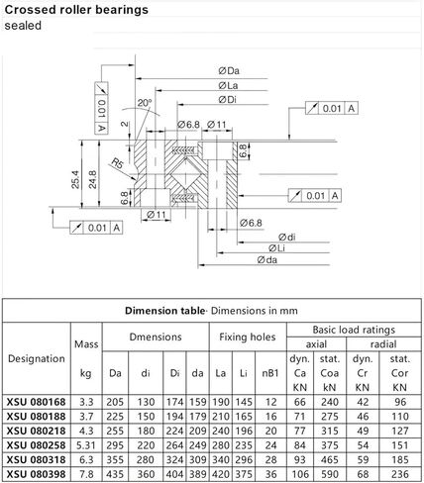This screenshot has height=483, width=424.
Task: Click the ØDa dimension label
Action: [229, 70]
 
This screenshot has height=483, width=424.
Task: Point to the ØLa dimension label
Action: [228, 85]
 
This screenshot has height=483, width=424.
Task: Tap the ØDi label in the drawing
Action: [228, 99]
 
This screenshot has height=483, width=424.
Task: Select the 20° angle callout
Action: [144, 103]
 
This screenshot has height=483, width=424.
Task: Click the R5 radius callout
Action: [117, 163]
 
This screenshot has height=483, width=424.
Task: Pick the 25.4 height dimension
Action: [75, 179]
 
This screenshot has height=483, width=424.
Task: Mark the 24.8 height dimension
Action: [92, 179]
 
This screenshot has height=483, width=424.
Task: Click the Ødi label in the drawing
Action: [286, 237]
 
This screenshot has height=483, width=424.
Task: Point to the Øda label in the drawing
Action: [267, 260]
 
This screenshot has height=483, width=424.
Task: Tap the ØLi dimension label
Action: [276, 248]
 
